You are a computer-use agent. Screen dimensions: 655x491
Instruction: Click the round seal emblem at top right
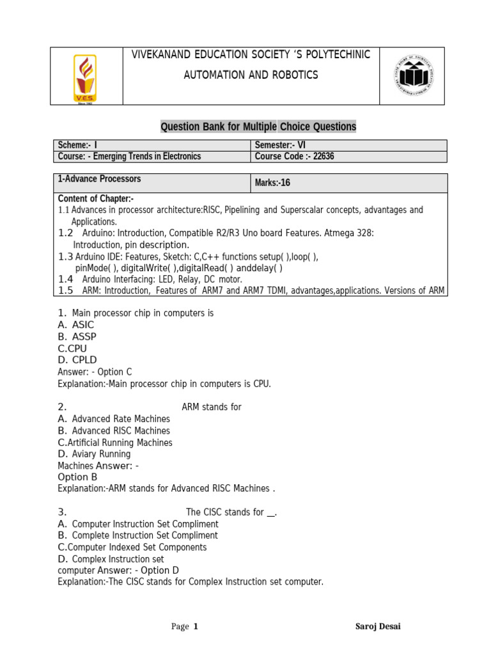coord(412,75)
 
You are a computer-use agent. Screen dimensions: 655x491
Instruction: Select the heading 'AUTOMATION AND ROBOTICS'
coord(251,75)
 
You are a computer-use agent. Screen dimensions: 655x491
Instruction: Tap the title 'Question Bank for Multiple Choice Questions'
coord(258,127)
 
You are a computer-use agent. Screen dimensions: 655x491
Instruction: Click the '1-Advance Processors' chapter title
coord(99,179)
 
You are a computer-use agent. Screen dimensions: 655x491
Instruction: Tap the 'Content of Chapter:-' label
coord(95,199)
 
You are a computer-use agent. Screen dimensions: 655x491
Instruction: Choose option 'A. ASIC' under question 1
coord(75,325)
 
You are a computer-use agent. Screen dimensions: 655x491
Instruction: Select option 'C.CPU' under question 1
coord(72,349)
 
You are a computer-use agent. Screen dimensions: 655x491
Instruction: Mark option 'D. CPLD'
coord(77,360)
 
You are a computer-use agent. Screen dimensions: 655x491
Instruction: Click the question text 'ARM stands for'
coord(212,407)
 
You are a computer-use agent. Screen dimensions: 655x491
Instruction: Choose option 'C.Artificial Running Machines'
coord(115,442)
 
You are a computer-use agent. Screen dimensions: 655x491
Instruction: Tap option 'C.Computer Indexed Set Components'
coord(132,547)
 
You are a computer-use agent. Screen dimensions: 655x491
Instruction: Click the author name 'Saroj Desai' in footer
coord(378,626)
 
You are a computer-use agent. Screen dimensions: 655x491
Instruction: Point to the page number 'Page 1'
coord(185,626)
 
